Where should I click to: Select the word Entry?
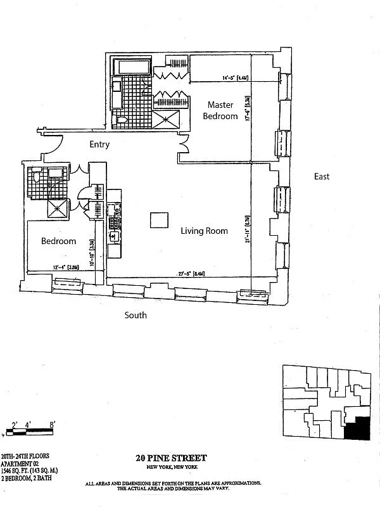pos(99,144)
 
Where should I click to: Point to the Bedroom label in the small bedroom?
pos(59,241)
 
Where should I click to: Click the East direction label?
pos(322,176)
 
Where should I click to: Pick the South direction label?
pos(136,315)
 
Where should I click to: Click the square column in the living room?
pos(159,220)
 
